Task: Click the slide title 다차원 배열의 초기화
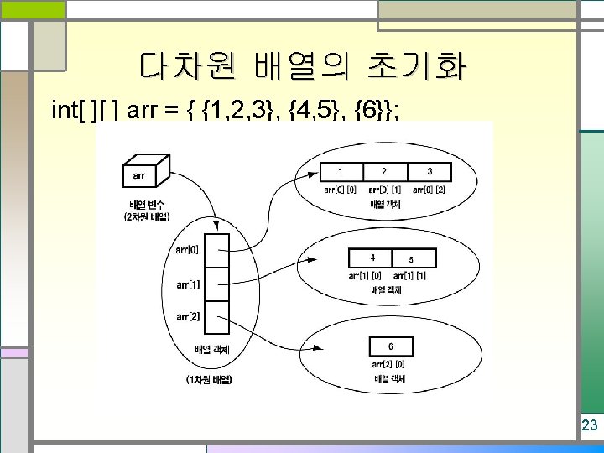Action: (x=304, y=65)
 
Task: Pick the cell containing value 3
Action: (x=430, y=172)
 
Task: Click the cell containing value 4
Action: (x=372, y=258)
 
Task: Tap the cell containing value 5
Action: (x=412, y=258)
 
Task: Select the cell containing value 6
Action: (x=390, y=346)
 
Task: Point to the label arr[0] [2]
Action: (x=429, y=190)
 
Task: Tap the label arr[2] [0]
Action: (x=389, y=363)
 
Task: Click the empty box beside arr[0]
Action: (x=216, y=249)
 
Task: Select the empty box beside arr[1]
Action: (x=216, y=283)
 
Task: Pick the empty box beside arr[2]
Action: (x=216, y=316)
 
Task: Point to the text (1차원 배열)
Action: (x=209, y=380)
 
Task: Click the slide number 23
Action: (x=589, y=425)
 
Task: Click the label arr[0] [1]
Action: (x=385, y=190)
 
